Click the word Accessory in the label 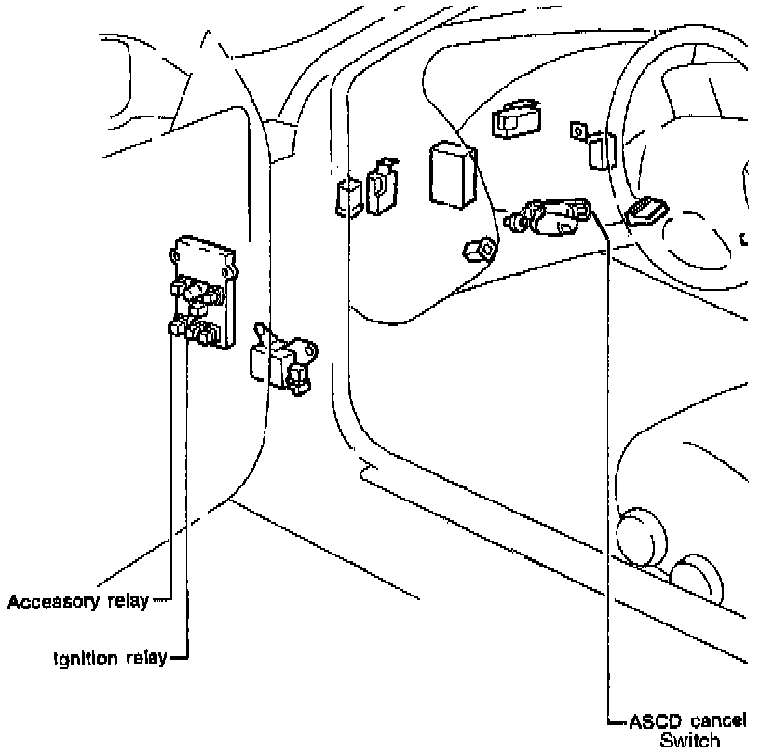(53, 602)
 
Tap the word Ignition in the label (86, 658)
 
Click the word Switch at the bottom (690, 740)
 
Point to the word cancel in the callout (718, 721)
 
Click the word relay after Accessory (128, 602)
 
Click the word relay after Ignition (147, 658)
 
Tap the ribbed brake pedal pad (646, 212)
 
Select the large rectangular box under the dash (454, 174)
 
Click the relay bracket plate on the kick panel (204, 292)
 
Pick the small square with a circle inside (577, 130)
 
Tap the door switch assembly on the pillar (283, 360)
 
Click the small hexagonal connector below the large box (479, 249)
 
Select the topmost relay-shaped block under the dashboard (517, 118)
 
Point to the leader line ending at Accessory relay (171, 465)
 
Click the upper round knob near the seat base (641, 537)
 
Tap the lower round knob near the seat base (697, 578)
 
